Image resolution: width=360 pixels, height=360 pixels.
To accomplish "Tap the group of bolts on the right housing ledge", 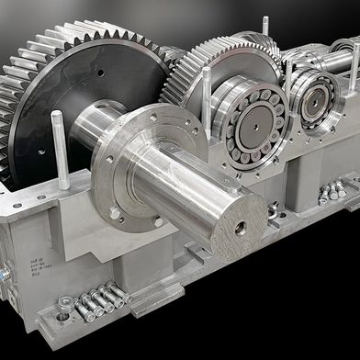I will pos(331,192).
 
